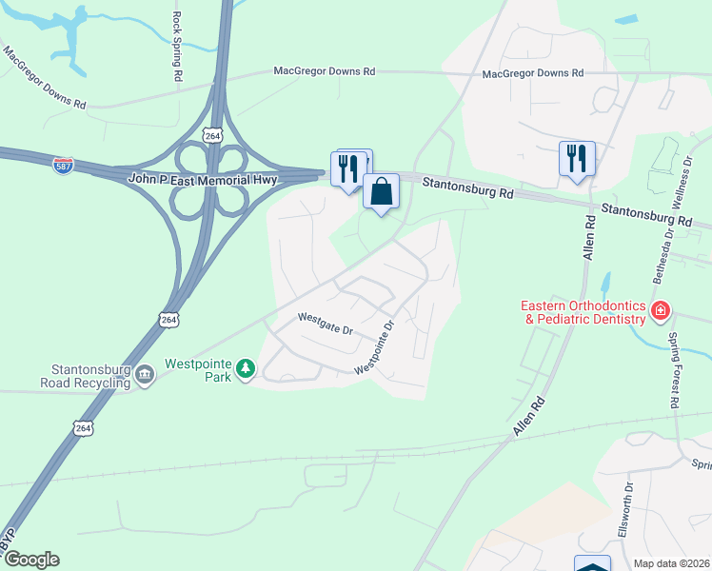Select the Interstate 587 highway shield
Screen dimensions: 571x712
[63, 164]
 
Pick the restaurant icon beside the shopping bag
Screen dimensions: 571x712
[346, 168]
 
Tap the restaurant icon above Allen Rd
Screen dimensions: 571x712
[577, 158]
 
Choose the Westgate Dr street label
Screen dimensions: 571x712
[325, 324]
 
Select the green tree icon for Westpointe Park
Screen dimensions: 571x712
[246, 368]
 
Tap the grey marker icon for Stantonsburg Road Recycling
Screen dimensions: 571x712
[145, 374]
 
